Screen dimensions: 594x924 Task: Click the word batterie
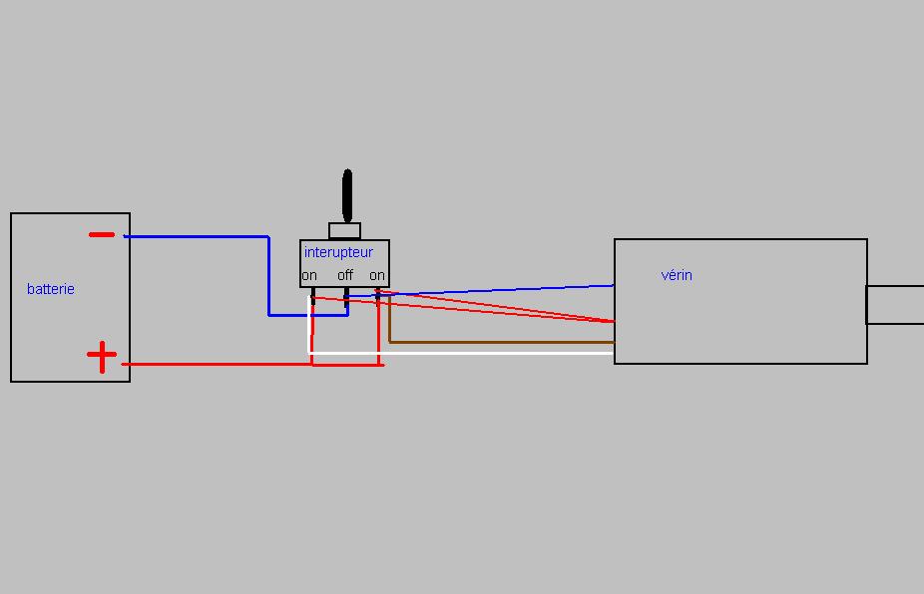51,289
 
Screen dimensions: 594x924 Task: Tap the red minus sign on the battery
102,235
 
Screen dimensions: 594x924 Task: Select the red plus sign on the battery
102,356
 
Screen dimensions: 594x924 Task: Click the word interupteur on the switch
338,252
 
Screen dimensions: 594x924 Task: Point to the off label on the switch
345,275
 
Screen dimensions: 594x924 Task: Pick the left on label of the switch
310,275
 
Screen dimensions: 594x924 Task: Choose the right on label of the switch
377,275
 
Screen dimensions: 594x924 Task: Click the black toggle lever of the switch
347,195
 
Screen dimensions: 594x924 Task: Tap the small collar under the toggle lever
345,231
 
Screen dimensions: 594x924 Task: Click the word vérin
677,275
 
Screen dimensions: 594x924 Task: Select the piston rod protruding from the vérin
895,305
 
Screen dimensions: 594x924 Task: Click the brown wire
499,342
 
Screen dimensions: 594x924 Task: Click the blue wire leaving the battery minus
200,237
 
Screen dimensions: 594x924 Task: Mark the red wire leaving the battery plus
220,364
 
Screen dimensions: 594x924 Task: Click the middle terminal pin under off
346,296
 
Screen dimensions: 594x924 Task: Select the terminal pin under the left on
312,296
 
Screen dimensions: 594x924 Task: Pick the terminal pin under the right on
378,295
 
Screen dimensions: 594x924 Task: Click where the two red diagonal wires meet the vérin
612,321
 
